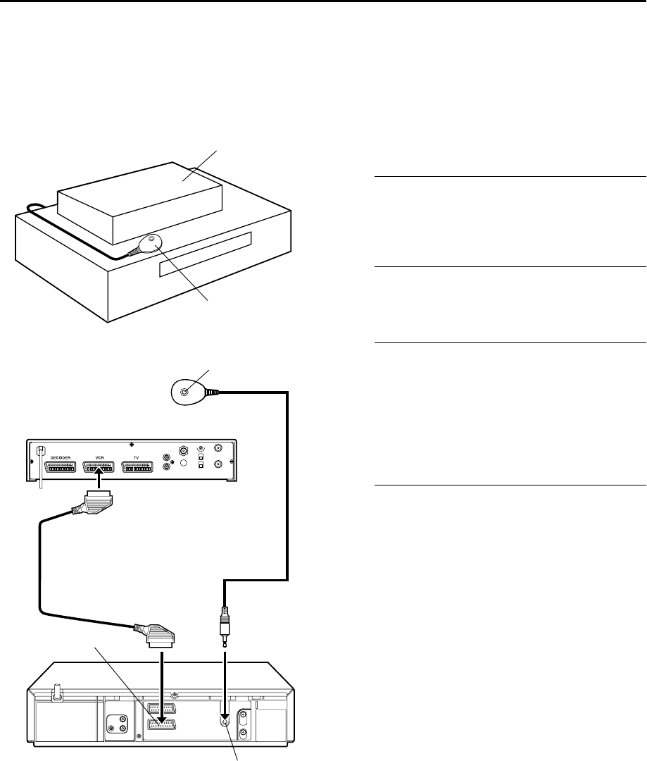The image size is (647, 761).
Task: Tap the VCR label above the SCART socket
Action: [x=98, y=457]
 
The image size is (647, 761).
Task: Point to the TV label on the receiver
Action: [x=137, y=457]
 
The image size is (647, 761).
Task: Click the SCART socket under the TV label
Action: [x=138, y=466]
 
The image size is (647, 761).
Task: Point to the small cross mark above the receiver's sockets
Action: [x=132, y=445]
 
